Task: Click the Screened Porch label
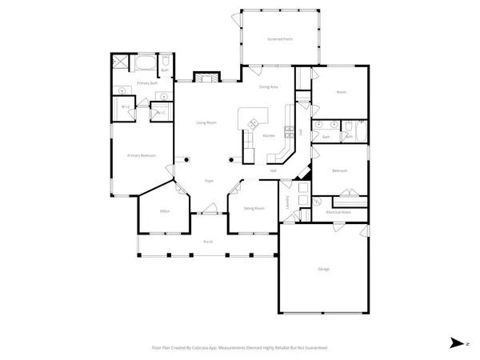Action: pyautogui.click(x=279, y=38)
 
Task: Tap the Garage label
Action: pyautogui.click(x=323, y=269)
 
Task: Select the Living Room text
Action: pyautogui.click(x=207, y=122)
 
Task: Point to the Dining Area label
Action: pyautogui.click(x=268, y=86)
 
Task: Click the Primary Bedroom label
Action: pyautogui.click(x=141, y=155)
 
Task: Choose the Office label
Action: pyautogui.click(x=164, y=211)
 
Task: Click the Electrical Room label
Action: pyautogui.click(x=339, y=212)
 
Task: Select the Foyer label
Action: pyautogui.click(x=209, y=181)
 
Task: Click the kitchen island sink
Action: pyautogui.click(x=254, y=123)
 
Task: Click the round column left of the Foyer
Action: pyautogui.click(x=186, y=158)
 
